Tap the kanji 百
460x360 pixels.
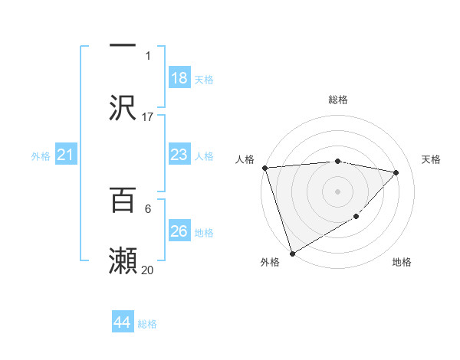tap(123, 201)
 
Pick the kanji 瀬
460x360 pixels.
tap(123, 260)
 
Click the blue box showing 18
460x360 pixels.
tap(179, 78)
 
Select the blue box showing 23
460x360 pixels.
tap(179, 155)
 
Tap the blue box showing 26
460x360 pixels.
tap(179, 231)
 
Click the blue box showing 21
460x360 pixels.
tap(66, 155)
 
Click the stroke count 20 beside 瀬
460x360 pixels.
tap(148, 270)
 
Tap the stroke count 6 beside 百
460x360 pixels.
tap(147, 208)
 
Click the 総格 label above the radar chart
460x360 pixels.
tap(338, 100)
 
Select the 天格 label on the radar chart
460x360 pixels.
tap(432, 159)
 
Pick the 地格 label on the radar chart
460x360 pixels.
tap(402, 262)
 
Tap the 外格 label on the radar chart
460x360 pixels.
tap(270, 262)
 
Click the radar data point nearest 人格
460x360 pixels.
tap(264, 168)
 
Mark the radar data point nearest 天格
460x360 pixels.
tap(396, 172)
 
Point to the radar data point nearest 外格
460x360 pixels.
tap(292, 253)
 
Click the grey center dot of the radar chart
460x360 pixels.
tap(338, 191)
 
